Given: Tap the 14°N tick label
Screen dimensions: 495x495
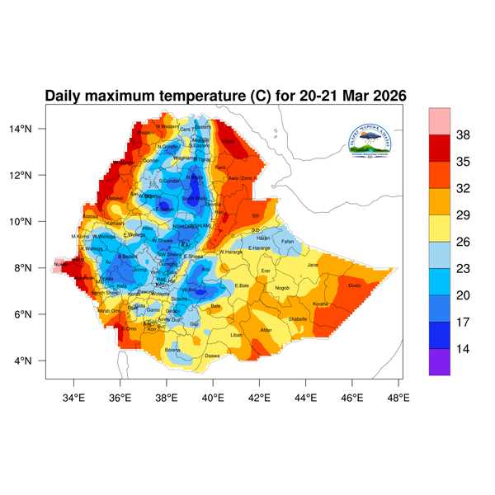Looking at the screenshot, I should [31, 129].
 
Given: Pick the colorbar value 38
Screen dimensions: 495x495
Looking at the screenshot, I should [463, 134].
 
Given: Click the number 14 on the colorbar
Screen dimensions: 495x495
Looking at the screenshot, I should [463, 349].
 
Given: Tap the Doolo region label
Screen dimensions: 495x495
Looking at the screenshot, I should [355, 285].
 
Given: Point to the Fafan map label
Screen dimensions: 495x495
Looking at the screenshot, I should [287, 241].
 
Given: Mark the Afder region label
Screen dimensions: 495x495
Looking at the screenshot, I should [266, 330].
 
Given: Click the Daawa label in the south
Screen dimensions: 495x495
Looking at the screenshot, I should [212, 356].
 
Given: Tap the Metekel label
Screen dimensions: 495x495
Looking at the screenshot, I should [115, 198].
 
